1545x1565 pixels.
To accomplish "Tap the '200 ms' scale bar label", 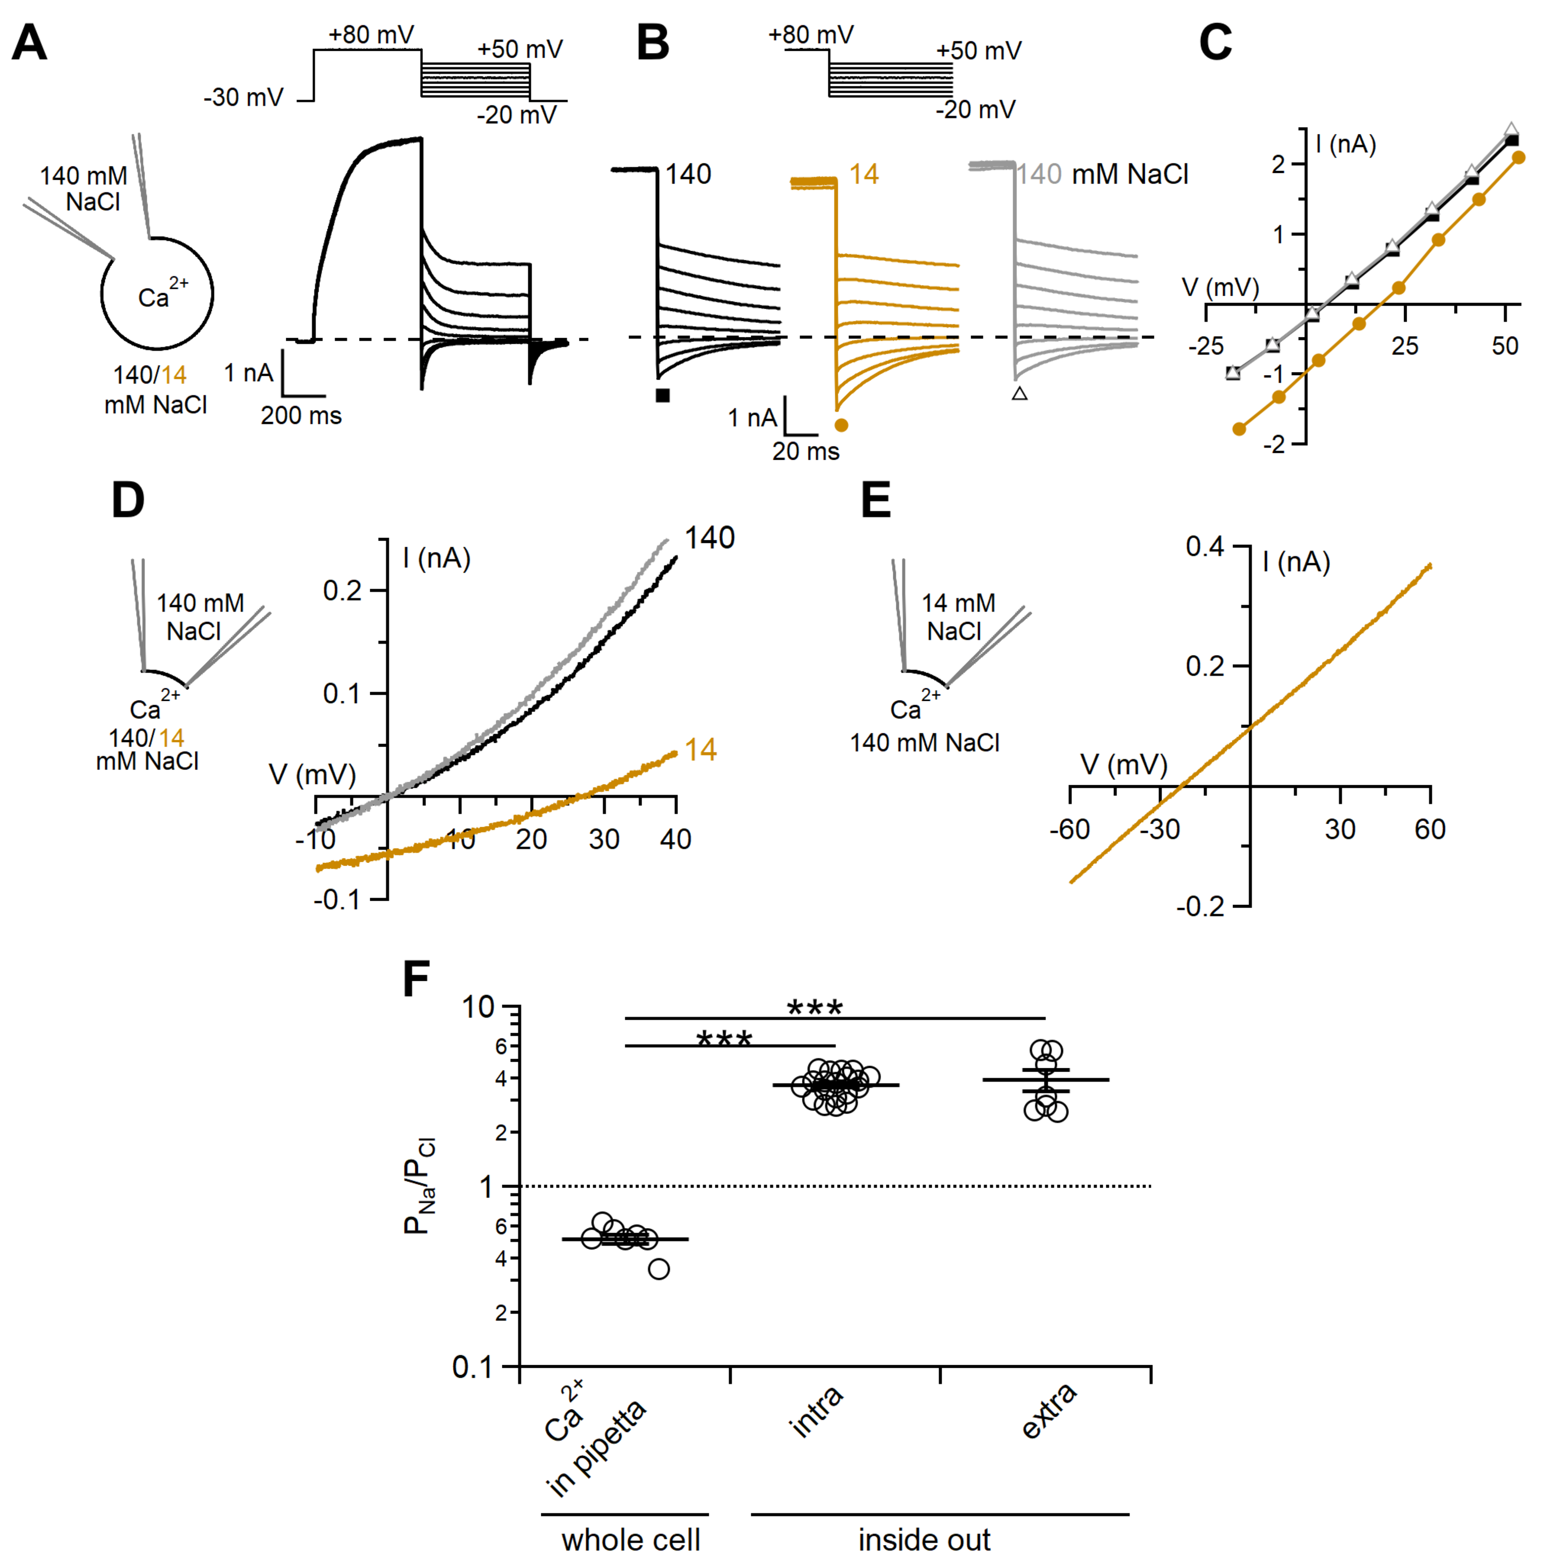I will (300, 416).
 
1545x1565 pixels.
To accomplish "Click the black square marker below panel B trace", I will (663, 395).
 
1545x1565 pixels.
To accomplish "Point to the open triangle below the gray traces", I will (1019, 394).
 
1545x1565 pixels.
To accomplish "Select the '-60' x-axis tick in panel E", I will (1069, 829).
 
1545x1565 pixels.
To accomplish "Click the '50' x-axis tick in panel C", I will (1505, 347).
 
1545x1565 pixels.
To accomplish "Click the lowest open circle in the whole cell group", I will (659, 1269).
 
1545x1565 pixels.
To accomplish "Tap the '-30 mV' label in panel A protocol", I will (243, 98).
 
